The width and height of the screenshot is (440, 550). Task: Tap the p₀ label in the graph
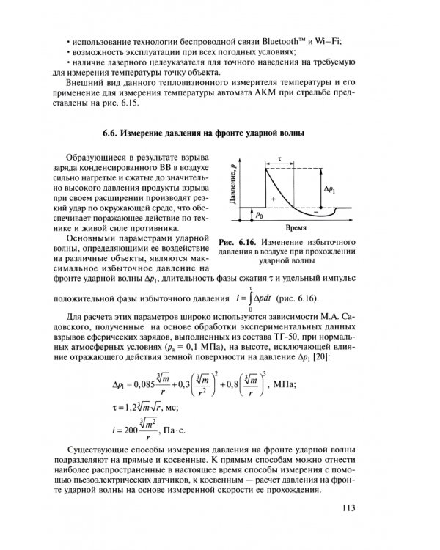pos(260,216)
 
